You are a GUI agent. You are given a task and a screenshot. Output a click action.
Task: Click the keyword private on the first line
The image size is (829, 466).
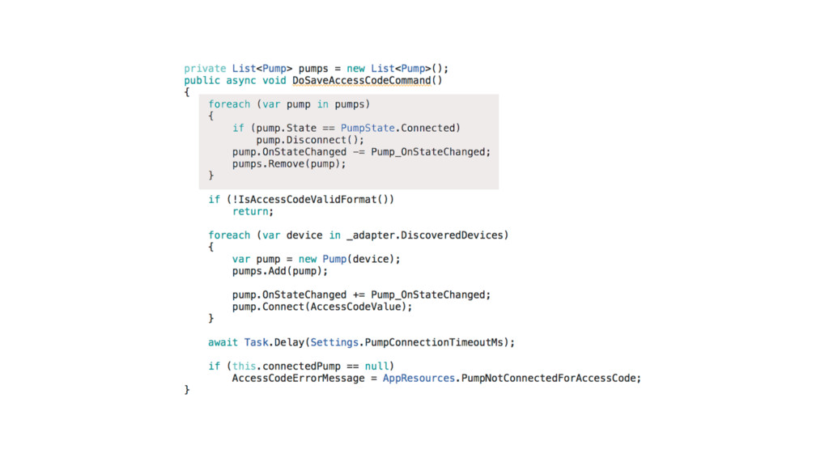pyautogui.click(x=205, y=69)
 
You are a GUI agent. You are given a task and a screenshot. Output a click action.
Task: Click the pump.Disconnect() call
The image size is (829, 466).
pyautogui.click(x=310, y=140)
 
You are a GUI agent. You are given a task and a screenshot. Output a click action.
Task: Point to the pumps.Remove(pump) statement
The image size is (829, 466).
pyautogui.click(x=289, y=163)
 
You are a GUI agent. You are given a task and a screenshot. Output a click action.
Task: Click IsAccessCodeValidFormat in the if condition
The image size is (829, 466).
pyautogui.click(x=301, y=199)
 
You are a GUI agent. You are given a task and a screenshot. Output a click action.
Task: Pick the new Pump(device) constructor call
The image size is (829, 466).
pyautogui.click(x=349, y=259)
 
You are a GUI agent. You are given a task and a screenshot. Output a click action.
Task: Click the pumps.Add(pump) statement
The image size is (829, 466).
pyautogui.click(x=280, y=271)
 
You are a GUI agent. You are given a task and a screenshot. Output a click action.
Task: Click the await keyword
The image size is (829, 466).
pyautogui.click(x=223, y=342)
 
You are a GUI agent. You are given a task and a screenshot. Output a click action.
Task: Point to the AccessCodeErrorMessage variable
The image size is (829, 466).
pyautogui.click(x=298, y=378)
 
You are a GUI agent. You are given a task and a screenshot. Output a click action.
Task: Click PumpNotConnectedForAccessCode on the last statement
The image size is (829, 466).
pyautogui.click(x=551, y=378)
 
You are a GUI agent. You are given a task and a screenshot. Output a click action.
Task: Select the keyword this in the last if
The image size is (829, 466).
pyautogui.click(x=244, y=366)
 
